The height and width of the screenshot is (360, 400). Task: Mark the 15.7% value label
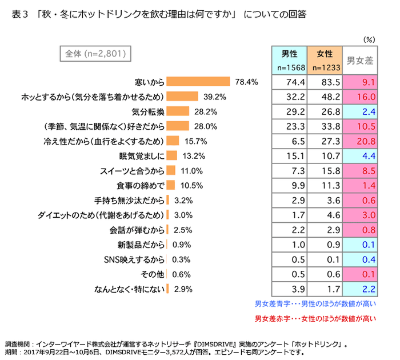click(195, 141)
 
